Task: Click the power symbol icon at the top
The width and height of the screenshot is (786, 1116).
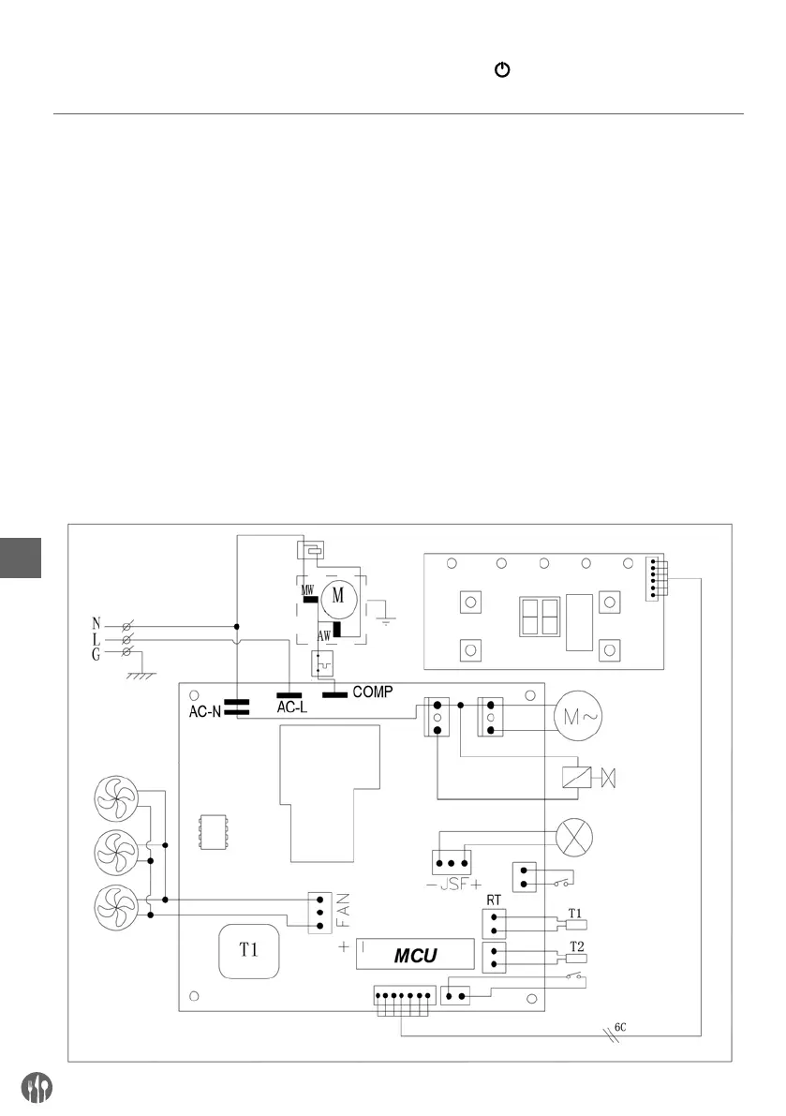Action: (502, 69)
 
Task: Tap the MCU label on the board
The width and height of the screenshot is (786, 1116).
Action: (415, 955)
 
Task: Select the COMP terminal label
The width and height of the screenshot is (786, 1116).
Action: (373, 692)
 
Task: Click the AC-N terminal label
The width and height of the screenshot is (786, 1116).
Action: (205, 711)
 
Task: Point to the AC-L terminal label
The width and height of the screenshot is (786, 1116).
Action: (291, 707)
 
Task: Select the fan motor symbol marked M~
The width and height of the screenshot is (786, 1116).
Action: (578, 716)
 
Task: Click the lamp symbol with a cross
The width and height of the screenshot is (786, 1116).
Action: (573, 838)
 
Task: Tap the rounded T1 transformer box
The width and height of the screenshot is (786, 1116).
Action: (248, 951)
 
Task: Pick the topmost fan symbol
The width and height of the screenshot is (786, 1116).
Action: (116, 797)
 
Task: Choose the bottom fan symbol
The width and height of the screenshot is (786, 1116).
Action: (116, 907)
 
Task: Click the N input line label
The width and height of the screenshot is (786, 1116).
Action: (96, 626)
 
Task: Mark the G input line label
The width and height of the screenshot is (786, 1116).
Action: (96, 654)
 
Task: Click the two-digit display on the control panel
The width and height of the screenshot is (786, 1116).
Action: (540, 617)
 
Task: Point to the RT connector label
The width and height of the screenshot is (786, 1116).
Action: (494, 900)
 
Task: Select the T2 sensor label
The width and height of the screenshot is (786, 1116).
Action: (577, 946)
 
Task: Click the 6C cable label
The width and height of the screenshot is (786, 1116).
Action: (620, 1028)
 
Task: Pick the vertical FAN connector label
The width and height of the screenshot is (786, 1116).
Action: (343, 910)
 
